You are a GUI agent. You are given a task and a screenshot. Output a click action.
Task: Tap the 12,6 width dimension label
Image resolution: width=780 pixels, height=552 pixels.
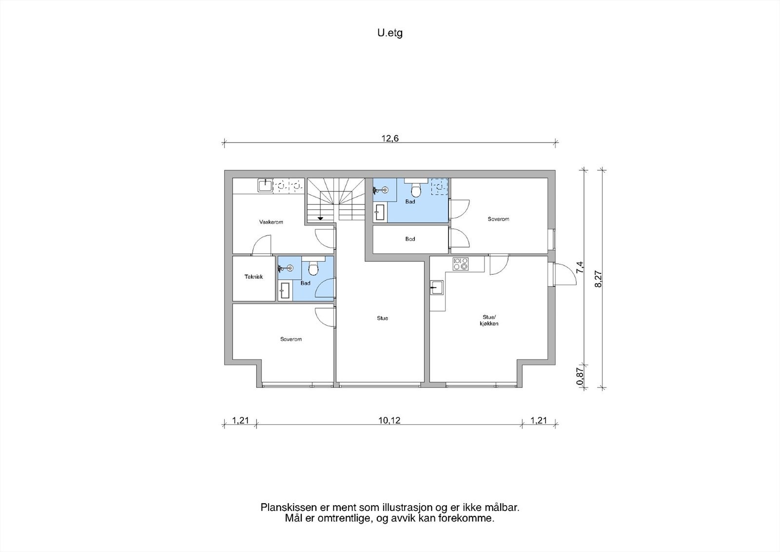[390, 139]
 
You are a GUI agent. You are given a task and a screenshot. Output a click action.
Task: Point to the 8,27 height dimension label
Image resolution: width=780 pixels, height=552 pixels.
[598, 279]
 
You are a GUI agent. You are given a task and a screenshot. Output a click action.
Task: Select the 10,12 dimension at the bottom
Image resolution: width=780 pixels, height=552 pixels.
[390, 421]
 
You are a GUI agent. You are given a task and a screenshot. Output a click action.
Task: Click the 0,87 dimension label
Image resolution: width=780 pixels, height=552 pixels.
[580, 377]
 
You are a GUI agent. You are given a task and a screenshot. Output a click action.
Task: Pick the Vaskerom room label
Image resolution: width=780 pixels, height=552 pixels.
[271, 222]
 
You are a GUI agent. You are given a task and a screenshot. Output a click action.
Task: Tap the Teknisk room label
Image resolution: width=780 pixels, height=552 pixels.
[253, 277]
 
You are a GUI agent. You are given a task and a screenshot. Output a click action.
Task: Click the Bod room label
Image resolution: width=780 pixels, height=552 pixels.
[410, 239]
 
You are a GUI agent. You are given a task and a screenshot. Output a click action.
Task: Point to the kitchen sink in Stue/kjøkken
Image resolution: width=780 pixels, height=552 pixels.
[437, 287]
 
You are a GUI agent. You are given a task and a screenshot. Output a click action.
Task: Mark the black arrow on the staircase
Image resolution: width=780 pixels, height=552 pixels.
[320, 218]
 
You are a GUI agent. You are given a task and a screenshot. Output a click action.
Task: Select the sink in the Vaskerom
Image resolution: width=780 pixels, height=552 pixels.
[265, 185]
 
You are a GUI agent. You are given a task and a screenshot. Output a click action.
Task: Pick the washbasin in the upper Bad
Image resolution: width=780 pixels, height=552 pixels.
[380, 212]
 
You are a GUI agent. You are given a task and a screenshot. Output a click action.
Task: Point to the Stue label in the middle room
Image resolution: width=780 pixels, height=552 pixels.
[382, 318]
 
